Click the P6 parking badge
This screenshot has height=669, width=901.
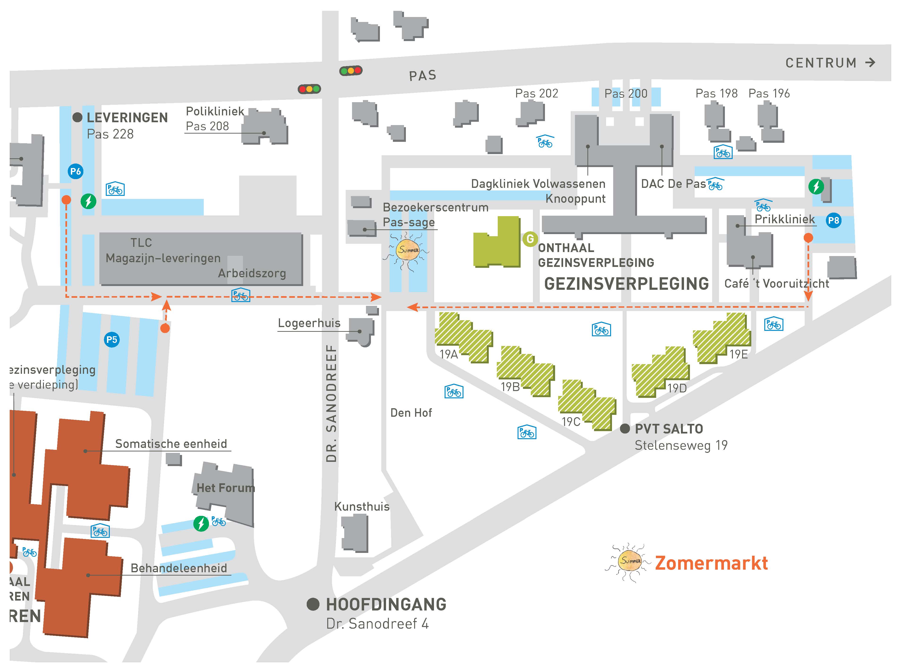click(x=75, y=171)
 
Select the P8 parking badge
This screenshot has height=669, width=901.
click(x=833, y=220)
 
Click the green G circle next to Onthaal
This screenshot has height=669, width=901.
click(x=530, y=239)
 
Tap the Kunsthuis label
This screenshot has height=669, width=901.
click(x=361, y=507)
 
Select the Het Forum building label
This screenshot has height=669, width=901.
click(x=225, y=488)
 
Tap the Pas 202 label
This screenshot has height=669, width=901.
click(x=536, y=93)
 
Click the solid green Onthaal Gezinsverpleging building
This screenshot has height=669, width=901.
click(x=497, y=243)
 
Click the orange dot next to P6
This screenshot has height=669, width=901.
click(x=66, y=200)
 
